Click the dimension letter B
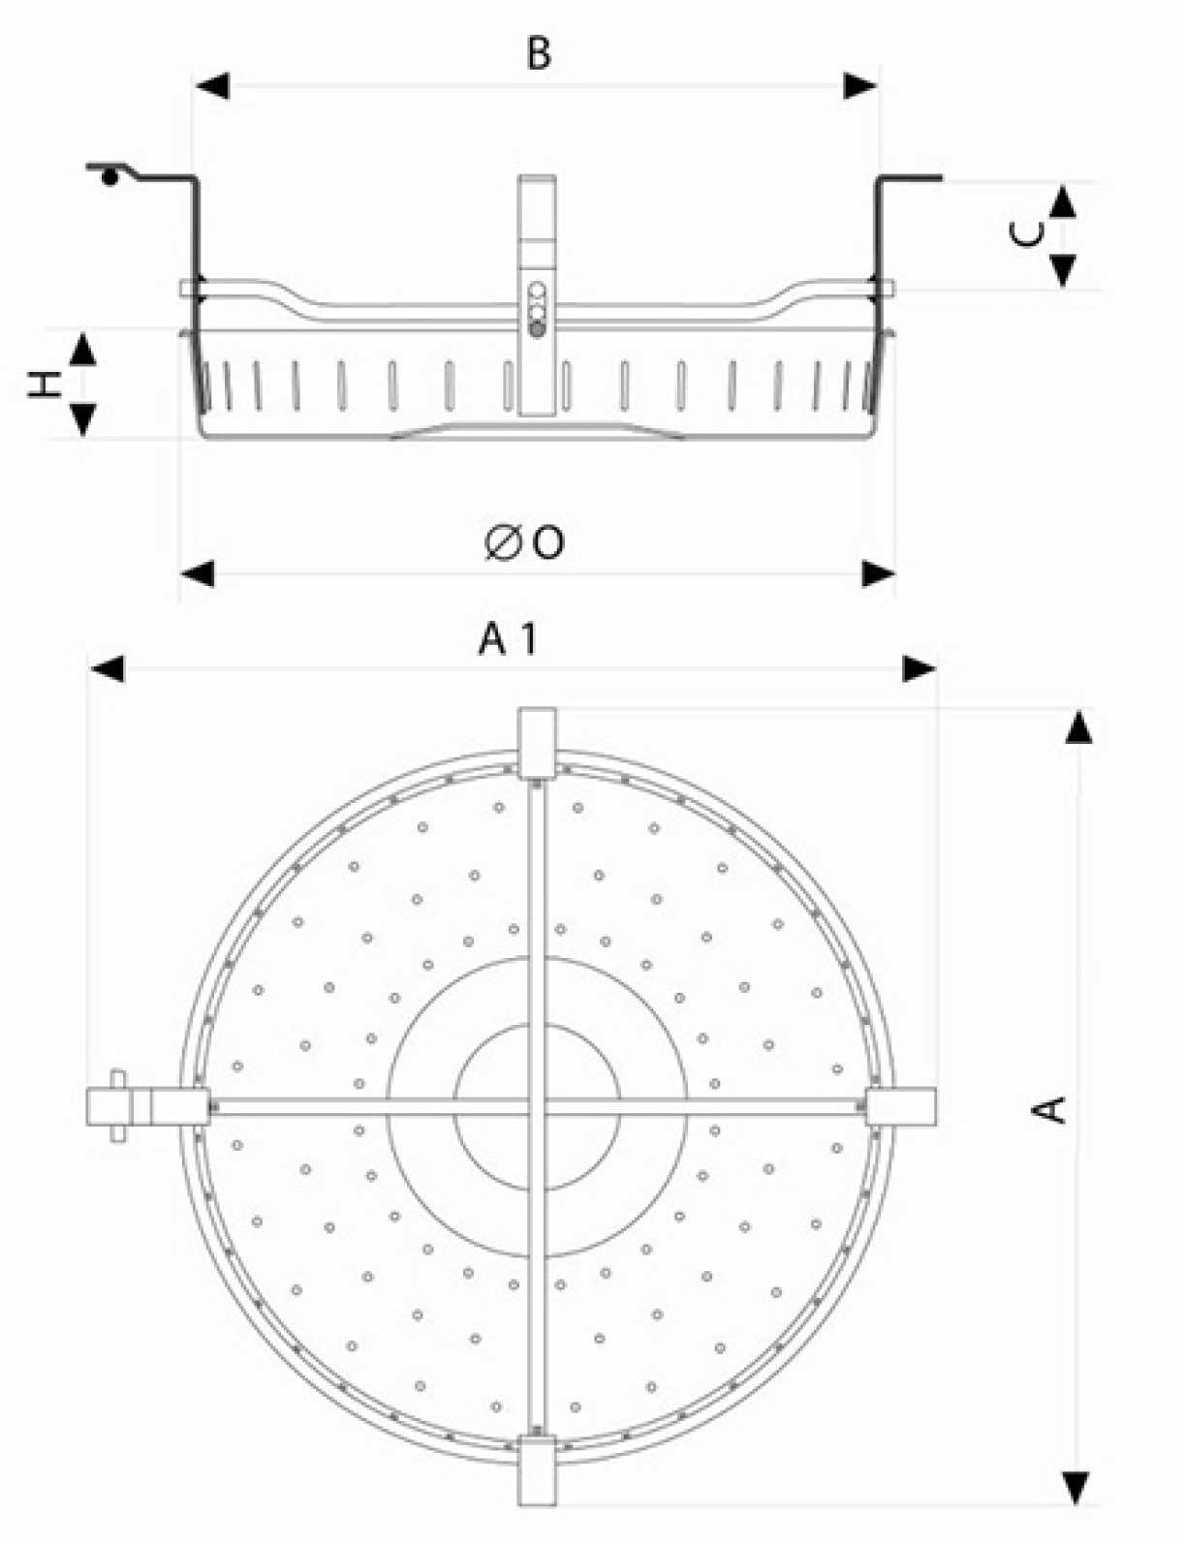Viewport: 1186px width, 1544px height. click(x=539, y=53)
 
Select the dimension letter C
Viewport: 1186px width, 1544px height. click(x=1027, y=233)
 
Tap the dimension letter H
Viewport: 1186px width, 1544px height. click(x=44, y=385)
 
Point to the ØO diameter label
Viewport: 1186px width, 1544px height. click(x=524, y=543)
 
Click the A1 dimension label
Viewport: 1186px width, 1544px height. click(x=508, y=639)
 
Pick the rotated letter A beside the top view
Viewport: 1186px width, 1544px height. click(x=1048, y=1109)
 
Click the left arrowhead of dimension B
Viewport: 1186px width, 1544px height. click(x=212, y=86)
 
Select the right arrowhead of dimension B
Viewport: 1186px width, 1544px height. click(x=860, y=86)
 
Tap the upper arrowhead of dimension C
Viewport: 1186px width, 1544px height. click(x=1063, y=201)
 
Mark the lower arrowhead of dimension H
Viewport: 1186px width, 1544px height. click(x=83, y=420)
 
